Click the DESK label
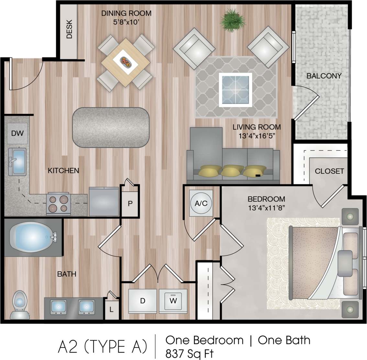[69, 29]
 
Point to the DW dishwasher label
[17, 133]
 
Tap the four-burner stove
[59, 204]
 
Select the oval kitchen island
[111, 127]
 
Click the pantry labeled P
[130, 203]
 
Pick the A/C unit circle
[201, 203]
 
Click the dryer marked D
[142, 301]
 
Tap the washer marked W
[173, 301]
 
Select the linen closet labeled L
[111, 309]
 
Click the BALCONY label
[324, 76]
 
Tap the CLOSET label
[329, 171]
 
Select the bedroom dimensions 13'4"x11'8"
[266, 208]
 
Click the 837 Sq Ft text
[189, 352]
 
